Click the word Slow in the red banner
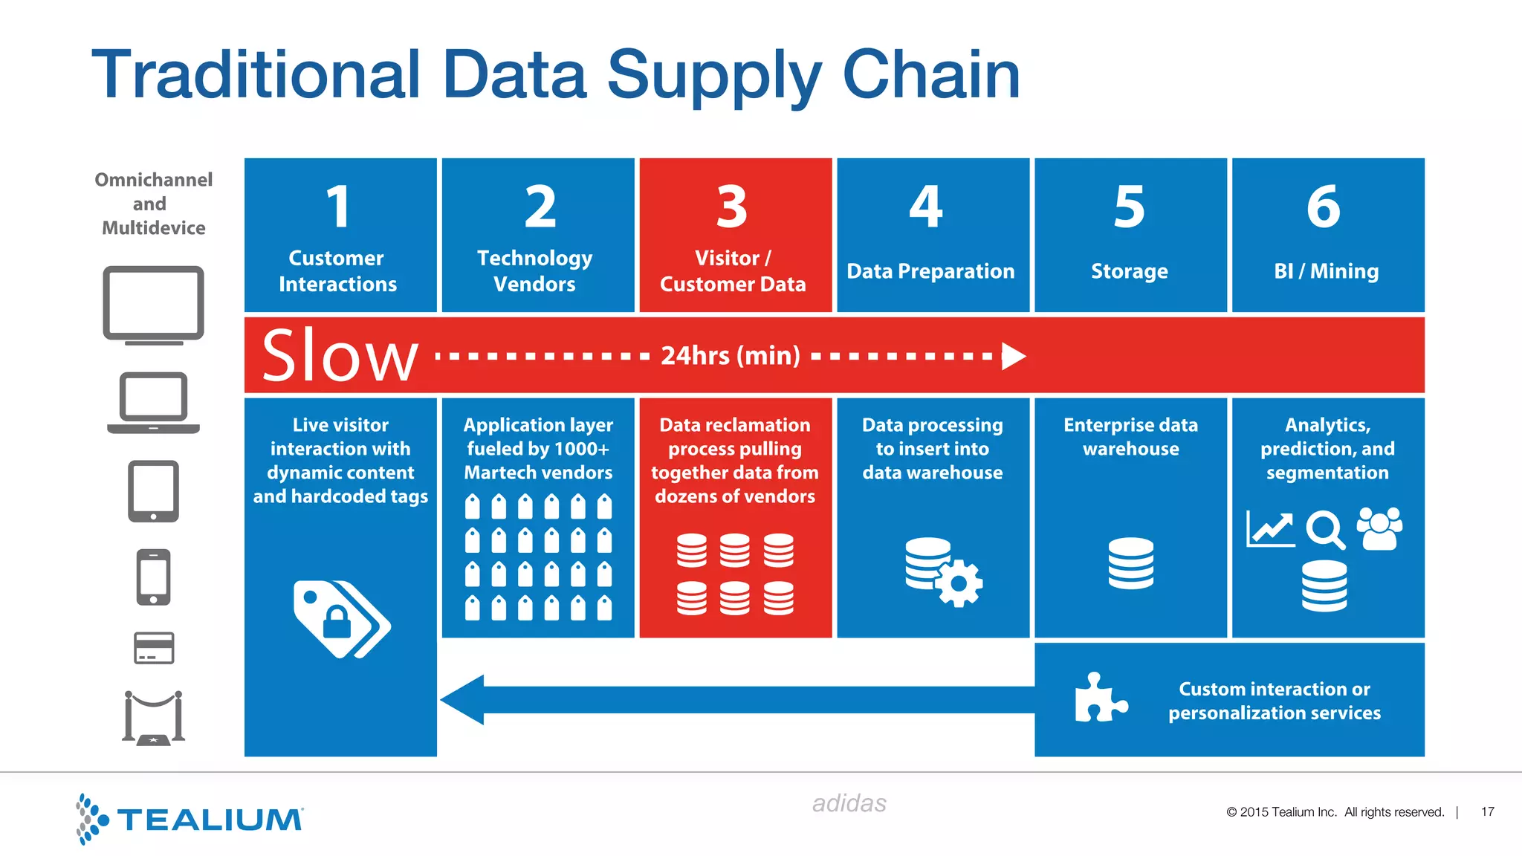pyautogui.click(x=340, y=356)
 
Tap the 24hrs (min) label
pyautogui.click(x=731, y=356)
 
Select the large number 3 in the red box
pyautogui.click(x=732, y=207)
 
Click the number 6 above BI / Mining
pyautogui.click(x=1324, y=207)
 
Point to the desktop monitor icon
pyautogui.click(x=153, y=305)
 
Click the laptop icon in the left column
pyautogui.click(x=153, y=403)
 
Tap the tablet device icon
pyautogui.click(x=153, y=491)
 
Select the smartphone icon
pyautogui.click(x=153, y=577)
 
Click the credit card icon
pyautogui.click(x=154, y=648)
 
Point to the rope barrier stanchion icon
pyautogui.click(x=153, y=718)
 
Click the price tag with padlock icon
pyautogui.click(x=340, y=618)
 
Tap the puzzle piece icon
pyautogui.click(x=1101, y=698)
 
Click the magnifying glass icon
pyautogui.click(x=1325, y=529)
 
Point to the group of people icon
pyautogui.click(x=1379, y=528)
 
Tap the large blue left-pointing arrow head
pyautogui.click(x=464, y=699)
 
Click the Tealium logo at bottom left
pyautogui.click(x=190, y=819)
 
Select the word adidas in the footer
pyautogui.click(x=849, y=803)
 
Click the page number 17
pyautogui.click(x=1487, y=812)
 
